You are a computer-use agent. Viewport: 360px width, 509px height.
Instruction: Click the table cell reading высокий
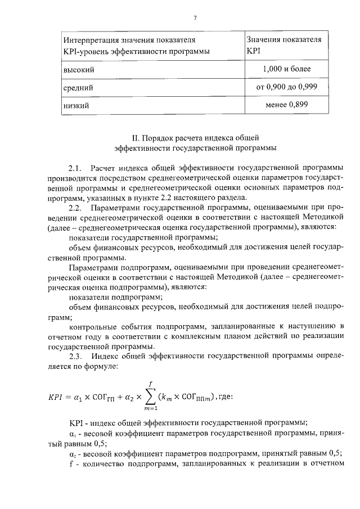tap(78, 70)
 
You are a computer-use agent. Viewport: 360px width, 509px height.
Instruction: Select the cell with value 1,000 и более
tap(286, 69)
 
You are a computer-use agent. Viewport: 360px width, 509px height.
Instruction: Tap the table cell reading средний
tap(78, 88)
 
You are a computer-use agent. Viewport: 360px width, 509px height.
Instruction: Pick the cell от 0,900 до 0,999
tap(286, 87)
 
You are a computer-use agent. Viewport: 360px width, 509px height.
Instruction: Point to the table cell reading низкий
tap(76, 105)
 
